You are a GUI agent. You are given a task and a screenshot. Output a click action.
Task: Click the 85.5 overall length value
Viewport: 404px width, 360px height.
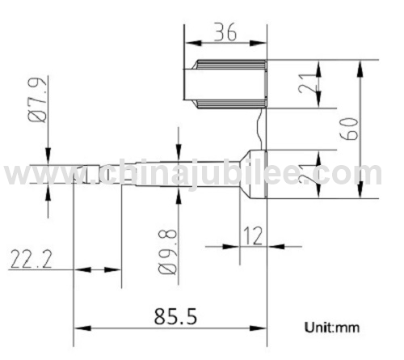(x=172, y=314)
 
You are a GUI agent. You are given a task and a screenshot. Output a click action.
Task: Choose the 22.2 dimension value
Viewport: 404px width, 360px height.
(x=32, y=259)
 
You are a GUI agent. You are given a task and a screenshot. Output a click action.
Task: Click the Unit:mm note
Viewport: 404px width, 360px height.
(x=332, y=328)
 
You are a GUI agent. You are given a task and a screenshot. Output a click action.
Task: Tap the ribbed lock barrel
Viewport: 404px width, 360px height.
(x=225, y=83)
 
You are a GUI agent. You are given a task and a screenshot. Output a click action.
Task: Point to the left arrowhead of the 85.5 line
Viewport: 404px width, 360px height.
(x=79, y=328)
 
